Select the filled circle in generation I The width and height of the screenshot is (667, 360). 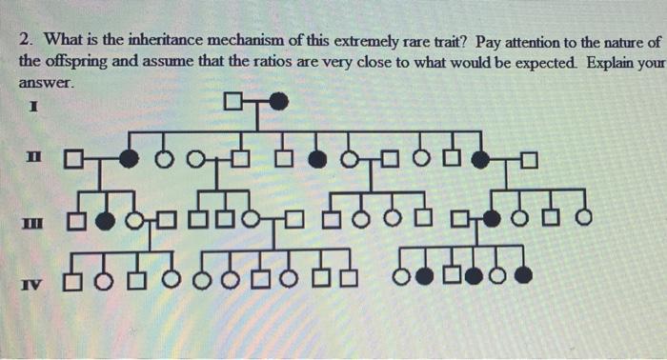coord(277,101)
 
